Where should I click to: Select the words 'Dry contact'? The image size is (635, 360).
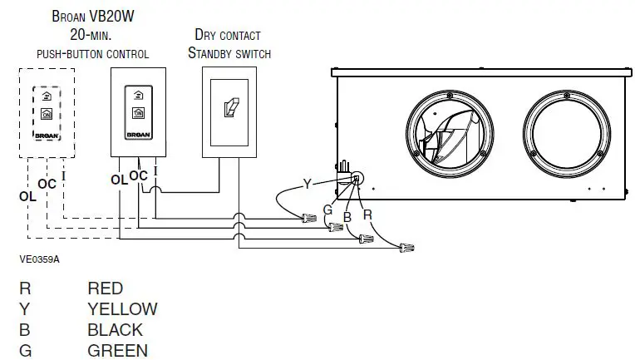[227, 35]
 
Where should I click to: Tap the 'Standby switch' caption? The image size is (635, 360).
[229, 53]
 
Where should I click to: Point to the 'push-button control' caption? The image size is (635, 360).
[92, 54]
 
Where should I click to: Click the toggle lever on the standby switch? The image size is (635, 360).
[228, 108]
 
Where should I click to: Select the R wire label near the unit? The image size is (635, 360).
[367, 214]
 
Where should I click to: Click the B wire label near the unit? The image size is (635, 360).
[347, 216]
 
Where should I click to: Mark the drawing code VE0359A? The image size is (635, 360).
[40, 259]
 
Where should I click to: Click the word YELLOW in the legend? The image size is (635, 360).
[122, 309]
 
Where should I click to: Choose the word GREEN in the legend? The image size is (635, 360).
[117, 350]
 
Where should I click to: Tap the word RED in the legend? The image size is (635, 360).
[105, 288]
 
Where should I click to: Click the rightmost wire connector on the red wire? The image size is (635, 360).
[406, 247]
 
